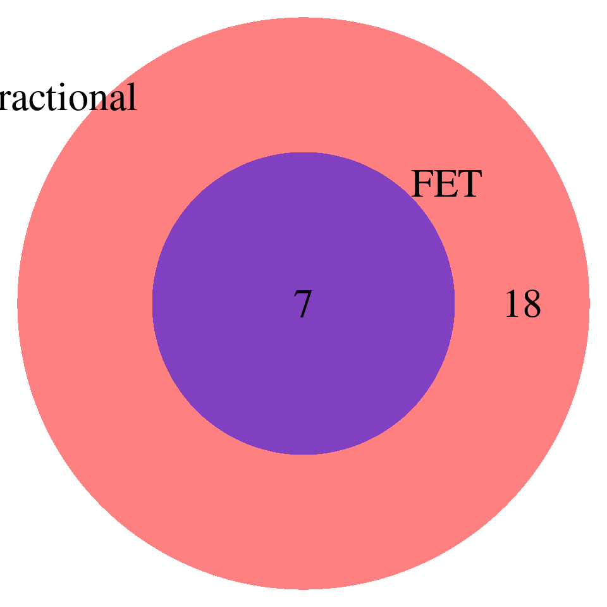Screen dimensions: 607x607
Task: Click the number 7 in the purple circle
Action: point(303,305)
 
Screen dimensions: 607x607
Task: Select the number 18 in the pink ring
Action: point(522,305)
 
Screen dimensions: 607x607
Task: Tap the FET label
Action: point(446,185)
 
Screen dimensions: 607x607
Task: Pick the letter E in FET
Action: point(445,185)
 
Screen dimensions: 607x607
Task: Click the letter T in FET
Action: point(469,185)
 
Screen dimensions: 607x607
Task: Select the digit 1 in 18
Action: point(513,305)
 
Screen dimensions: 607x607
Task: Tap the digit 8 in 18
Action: point(531,305)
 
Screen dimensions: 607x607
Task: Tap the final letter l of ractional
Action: point(132,97)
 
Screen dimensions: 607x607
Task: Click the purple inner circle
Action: point(303,379)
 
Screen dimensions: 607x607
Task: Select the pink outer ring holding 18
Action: point(303,525)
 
